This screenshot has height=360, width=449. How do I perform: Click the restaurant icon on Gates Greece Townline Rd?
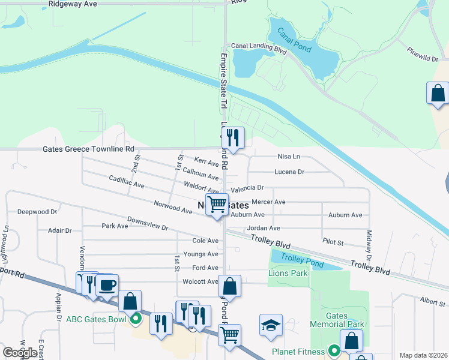click(233, 137)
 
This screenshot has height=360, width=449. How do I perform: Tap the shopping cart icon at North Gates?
click(217, 203)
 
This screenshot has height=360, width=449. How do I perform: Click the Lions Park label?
click(290, 273)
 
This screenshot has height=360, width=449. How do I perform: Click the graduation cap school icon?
click(271, 325)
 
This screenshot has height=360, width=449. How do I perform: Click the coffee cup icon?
click(107, 285)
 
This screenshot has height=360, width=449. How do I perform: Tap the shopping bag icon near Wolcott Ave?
click(229, 286)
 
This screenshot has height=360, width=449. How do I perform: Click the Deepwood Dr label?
click(37, 212)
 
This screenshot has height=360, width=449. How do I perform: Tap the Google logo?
click(20, 353)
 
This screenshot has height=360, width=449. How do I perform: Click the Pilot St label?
click(333, 243)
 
